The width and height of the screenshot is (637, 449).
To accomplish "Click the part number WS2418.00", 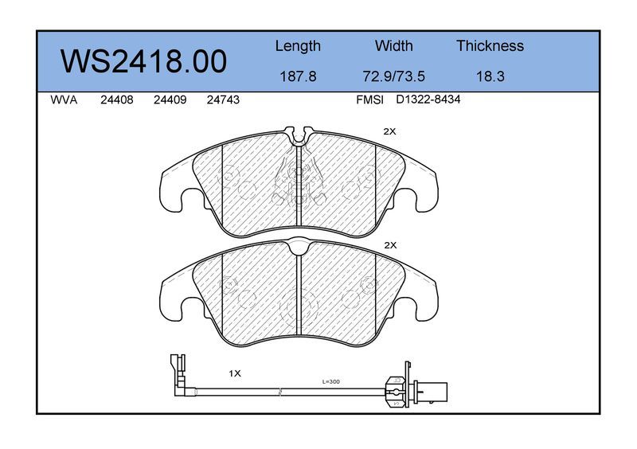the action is tap(143, 62).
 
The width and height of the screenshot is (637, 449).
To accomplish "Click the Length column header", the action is tap(298, 47).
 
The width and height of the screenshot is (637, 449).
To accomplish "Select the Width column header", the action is tap(393, 45).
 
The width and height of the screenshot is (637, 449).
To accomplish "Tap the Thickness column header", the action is tap(490, 45).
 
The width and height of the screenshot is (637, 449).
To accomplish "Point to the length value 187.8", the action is tap(298, 76).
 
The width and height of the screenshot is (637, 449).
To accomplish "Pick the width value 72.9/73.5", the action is tap(393, 76).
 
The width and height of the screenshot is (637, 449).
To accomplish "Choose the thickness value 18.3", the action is tap(490, 76).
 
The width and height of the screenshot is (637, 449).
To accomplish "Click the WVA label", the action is tap(64, 100).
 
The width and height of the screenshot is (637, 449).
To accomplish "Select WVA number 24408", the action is tap(116, 100).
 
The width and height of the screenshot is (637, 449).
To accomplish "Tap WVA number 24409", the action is tap(170, 100).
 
